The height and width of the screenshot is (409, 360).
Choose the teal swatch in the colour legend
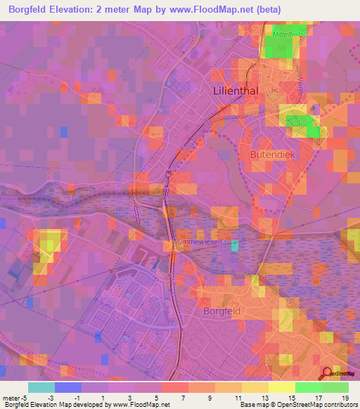pos(41,388)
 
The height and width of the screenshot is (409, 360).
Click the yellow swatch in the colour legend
pos(281,388)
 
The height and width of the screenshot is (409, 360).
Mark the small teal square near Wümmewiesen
pos(235,245)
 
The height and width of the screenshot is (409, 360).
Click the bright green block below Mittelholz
pos(279,46)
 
